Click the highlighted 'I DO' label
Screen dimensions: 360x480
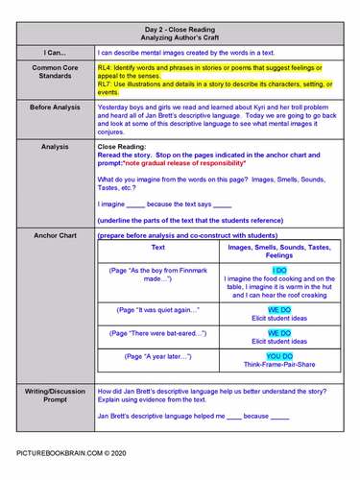click(279, 272)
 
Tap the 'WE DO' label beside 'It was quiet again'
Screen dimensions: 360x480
click(279, 311)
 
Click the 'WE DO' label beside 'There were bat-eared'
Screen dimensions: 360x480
click(279, 333)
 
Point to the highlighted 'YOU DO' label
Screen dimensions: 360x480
click(279, 355)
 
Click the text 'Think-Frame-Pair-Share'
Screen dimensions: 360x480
click(279, 365)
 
